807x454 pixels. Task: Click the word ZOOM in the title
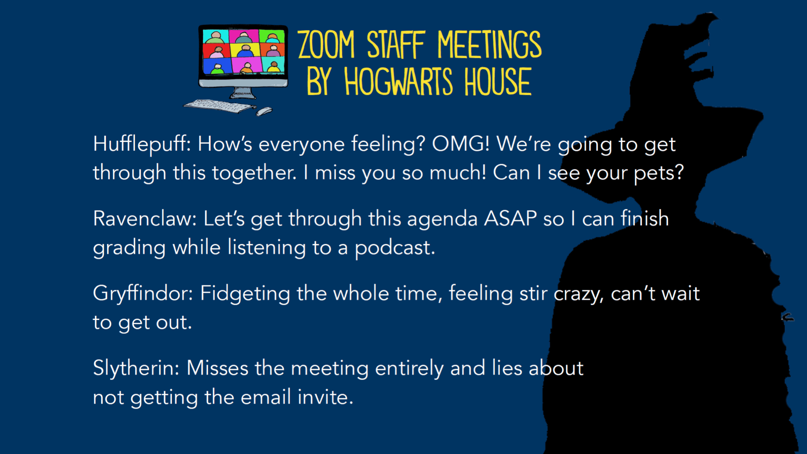327,45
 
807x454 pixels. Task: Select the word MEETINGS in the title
490,45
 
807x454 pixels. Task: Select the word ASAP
510,219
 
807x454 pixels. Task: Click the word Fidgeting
245,294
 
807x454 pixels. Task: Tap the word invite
325,397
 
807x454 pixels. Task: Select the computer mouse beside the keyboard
264,111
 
